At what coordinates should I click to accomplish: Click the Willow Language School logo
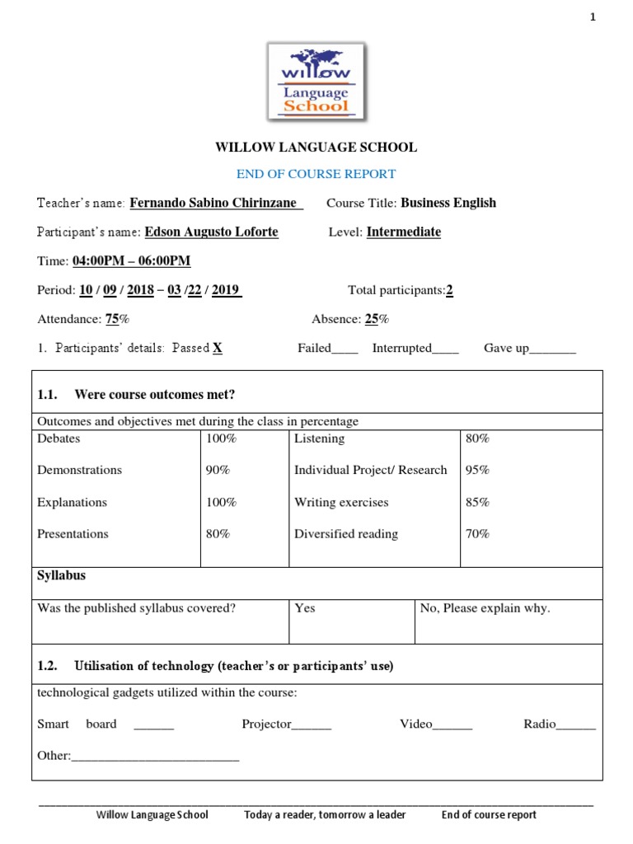click(x=316, y=81)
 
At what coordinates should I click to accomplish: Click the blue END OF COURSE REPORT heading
click(x=316, y=174)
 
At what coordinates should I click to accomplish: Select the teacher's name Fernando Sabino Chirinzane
click(x=217, y=203)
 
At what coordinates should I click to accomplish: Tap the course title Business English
click(x=448, y=203)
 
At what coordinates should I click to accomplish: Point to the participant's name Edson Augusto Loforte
click(x=211, y=232)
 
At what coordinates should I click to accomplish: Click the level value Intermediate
click(x=403, y=232)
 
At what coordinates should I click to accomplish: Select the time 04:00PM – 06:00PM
click(x=132, y=261)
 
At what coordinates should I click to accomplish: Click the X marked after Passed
click(x=218, y=348)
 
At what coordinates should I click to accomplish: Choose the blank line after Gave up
click(x=552, y=349)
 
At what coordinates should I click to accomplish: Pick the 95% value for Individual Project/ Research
click(x=477, y=470)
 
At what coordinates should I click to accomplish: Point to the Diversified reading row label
click(x=346, y=533)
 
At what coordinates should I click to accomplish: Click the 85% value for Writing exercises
click(x=477, y=502)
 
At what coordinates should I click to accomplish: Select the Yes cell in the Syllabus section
click(x=305, y=608)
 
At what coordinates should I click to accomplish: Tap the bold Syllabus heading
click(x=61, y=575)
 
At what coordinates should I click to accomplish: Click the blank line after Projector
click(x=312, y=726)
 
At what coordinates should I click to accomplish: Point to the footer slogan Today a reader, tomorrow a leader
click(x=325, y=814)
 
